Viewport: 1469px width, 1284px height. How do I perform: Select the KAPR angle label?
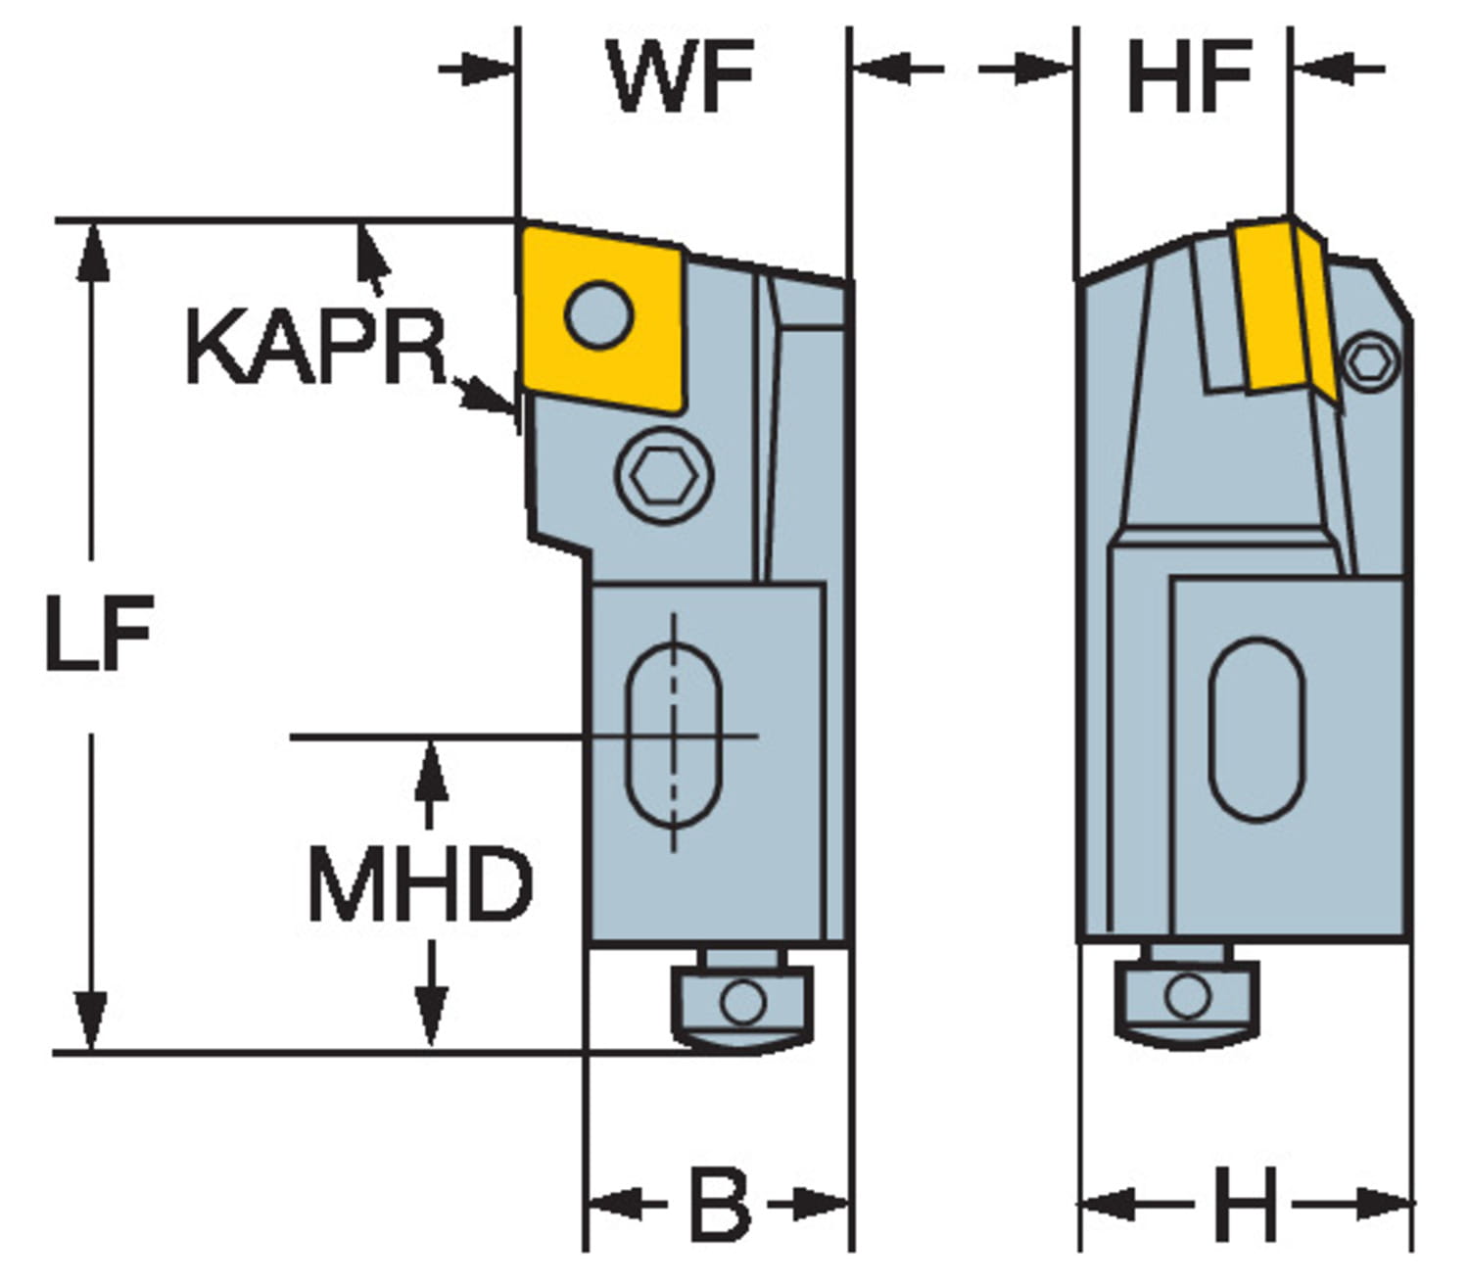click(x=315, y=347)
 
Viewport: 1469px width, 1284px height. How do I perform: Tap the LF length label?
click(x=99, y=634)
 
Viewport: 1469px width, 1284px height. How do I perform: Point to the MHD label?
click(x=420, y=885)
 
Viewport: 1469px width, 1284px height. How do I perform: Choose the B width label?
click(x=720, y=1203)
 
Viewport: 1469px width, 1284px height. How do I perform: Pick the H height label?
click(x=1246, y=1203)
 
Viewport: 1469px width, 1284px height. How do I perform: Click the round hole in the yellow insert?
click(x=599, y=314)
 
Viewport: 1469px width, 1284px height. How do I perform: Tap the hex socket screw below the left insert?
click(x=664, y=476)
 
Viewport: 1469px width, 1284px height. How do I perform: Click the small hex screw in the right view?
click(x=1369, y=361)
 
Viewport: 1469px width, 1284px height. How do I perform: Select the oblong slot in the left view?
click(x=673, y=735)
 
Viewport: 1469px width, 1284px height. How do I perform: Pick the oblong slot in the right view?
click(x=1256, y=729)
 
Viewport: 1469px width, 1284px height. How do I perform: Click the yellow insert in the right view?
click(x=1273, y=304)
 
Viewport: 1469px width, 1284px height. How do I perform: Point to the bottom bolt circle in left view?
click(x=742, y=1001)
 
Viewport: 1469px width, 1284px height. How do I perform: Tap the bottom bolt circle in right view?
click(x=1187, y=996)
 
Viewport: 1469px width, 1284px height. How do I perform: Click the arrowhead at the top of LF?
click(x=93, y=249)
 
